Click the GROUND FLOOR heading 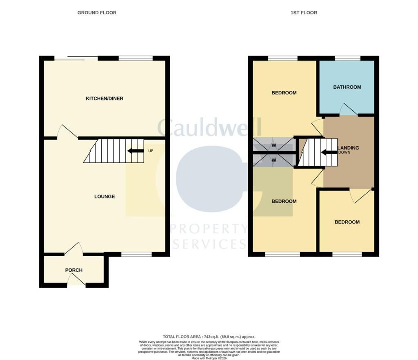(97, 13)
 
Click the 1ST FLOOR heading (304, 13)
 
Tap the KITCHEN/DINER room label (104, 98)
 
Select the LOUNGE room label (104, 197)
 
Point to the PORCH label (74, 270)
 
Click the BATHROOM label (347, 87)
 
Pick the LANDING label (349, 148)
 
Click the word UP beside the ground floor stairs (151, 151)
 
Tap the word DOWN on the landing (345, 152)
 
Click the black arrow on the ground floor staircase (136, 151)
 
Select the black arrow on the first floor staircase (329, 152)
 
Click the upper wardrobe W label (274, 145)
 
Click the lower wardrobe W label (274, 160)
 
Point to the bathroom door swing (349, 110)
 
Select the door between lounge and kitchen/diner (67, 131)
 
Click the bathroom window (347, 58)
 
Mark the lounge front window (136, 255)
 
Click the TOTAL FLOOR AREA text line (209, 337)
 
